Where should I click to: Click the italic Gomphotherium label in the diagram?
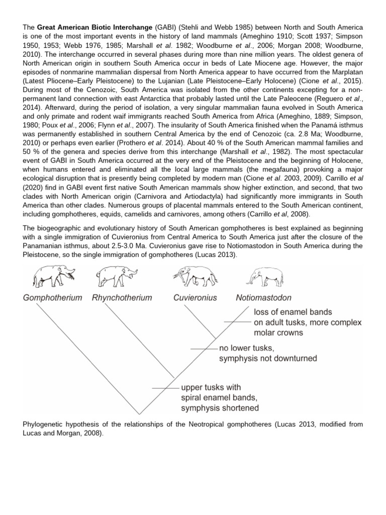coord(52,298)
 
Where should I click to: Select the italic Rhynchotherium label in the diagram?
coord(122,298)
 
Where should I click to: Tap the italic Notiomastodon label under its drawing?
coord(263,298)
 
